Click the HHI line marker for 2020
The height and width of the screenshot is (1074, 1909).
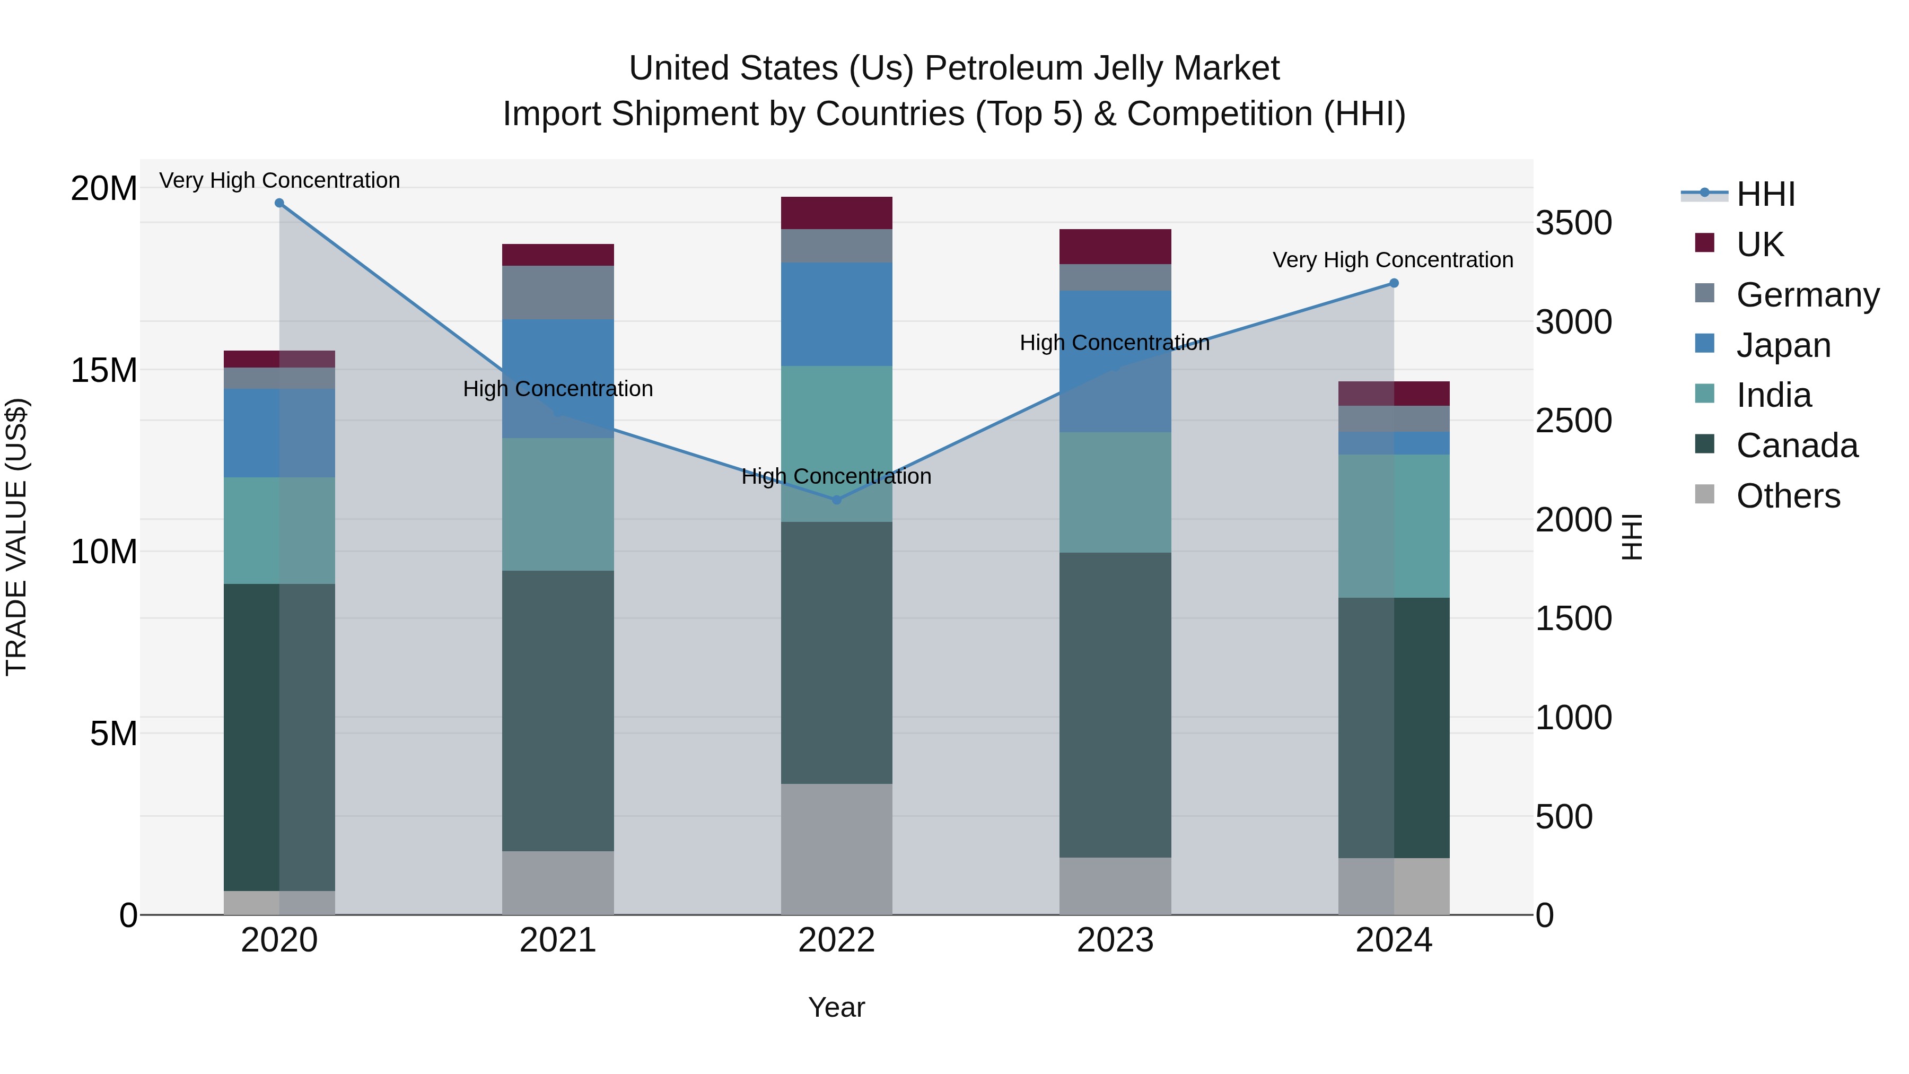pos(279,203)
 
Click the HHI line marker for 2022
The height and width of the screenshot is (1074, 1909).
pos(837,500)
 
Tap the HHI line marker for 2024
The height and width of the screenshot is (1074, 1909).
pos(1394,283)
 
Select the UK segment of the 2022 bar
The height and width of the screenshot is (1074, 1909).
pos(837,213)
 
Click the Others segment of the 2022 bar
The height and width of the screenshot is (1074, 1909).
pos(837,849)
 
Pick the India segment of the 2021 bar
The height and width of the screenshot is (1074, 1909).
pos(558,504)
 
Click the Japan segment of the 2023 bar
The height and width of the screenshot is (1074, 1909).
pos(1115,361)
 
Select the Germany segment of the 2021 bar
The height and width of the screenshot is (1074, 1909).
pos(558,292)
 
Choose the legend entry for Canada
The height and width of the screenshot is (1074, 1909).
pos(1797,446)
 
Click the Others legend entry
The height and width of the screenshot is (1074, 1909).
pos(1788,496)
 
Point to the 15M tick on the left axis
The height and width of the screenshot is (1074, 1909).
pos(104,370)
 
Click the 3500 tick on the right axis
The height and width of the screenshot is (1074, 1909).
pos(1573,223)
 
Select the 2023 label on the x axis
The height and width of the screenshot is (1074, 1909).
pos(1115,940)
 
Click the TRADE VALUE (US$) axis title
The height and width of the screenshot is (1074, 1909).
pos(16,537)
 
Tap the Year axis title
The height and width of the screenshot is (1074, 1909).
pos(837,1007)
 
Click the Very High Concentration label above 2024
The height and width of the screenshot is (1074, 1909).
pos(1393,260)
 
